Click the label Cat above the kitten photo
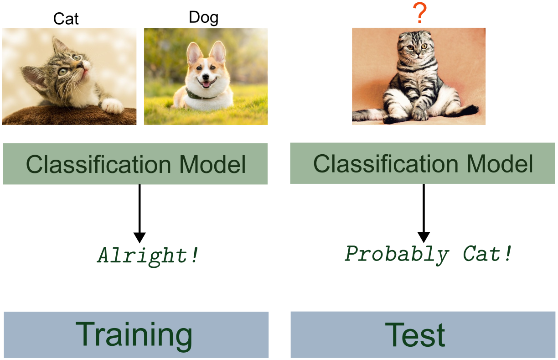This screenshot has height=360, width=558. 66,19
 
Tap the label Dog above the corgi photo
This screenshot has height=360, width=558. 203,17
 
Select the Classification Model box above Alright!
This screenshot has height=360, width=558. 135,164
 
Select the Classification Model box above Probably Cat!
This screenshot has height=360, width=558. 422,163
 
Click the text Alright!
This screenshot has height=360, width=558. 148,256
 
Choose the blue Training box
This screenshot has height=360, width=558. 136,335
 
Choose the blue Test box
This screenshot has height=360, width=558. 422,334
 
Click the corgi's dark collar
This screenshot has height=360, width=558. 201,95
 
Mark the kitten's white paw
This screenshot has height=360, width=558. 112,106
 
